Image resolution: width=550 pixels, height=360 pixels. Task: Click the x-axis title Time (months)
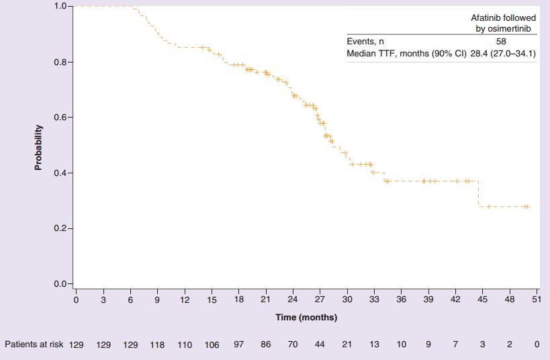306,317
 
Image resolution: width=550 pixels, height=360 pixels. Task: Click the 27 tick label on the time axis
320,300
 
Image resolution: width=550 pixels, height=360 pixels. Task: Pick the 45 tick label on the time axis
482,300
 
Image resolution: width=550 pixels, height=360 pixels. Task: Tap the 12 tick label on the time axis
184,300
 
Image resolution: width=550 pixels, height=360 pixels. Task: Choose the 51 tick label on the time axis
535,300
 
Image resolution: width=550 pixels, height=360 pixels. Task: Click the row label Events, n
365,42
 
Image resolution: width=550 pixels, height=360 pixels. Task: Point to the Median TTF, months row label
392,53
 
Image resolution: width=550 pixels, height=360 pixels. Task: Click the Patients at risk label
34,345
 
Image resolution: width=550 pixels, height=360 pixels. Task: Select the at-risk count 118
157,345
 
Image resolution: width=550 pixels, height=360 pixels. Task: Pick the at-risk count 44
320,345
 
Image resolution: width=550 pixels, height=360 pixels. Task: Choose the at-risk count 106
212,345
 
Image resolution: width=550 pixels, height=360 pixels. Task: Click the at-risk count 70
293,345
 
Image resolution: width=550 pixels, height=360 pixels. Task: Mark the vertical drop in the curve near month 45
478,193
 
